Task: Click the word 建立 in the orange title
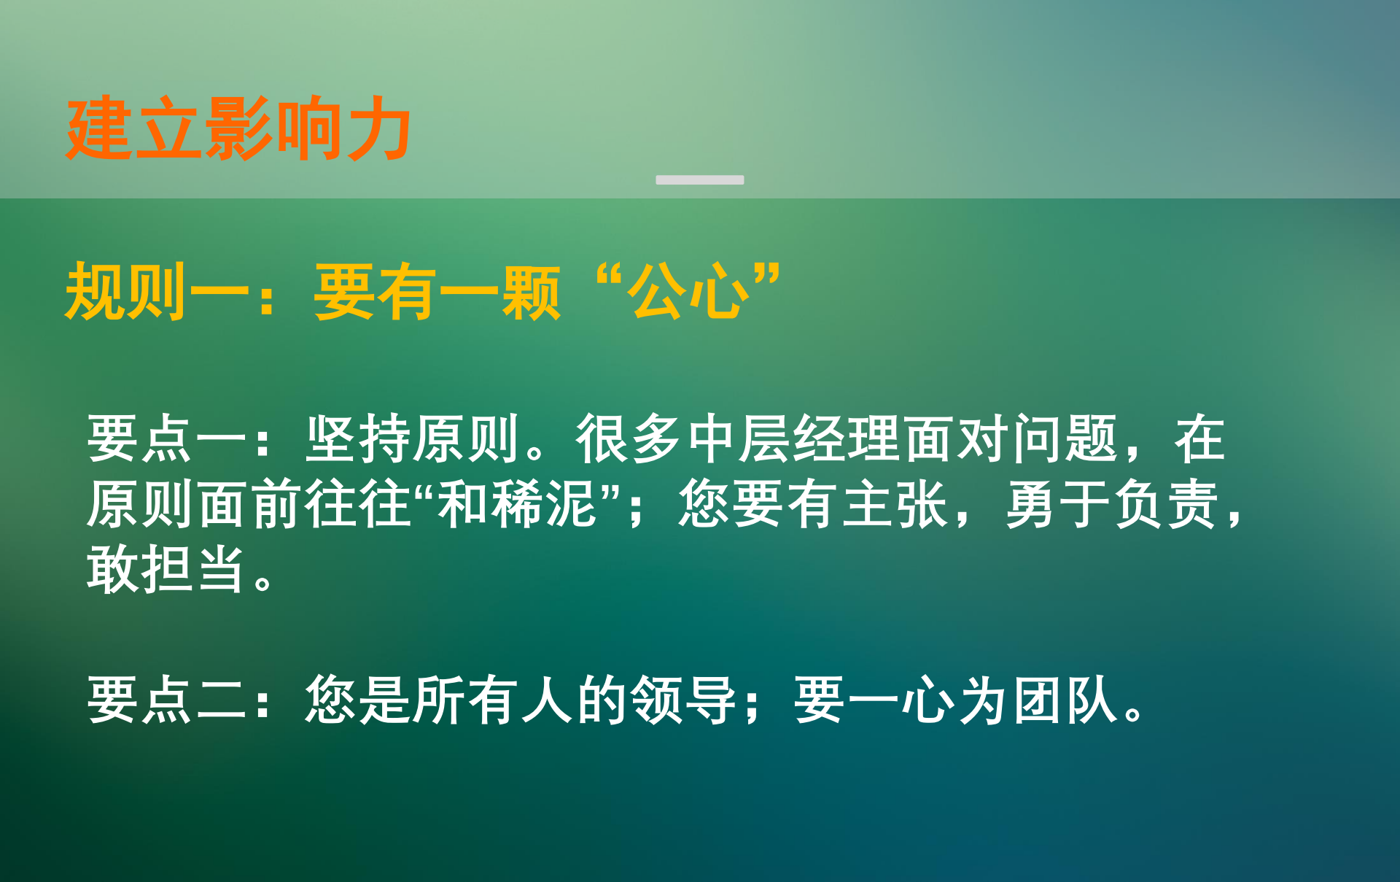135,128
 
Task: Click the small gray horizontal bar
700,179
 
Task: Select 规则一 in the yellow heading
157,292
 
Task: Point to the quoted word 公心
689,292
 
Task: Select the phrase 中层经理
794,438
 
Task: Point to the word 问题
1065,438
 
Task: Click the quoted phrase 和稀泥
518,504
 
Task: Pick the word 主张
895,504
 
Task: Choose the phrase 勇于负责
1112,504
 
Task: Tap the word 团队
1065,700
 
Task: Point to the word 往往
358,504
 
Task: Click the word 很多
629,438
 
